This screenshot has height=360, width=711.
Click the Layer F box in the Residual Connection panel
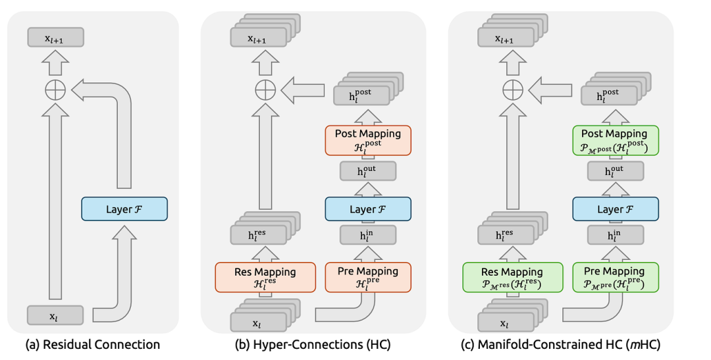click(124, 209)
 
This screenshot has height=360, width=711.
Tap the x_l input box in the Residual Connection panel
click(55, 315)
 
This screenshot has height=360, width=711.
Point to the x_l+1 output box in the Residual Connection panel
click(55, 38)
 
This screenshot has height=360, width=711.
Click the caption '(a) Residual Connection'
click(92, 344)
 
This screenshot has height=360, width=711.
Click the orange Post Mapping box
click(368, 139)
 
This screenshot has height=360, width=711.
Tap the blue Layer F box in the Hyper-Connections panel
click(368, 209)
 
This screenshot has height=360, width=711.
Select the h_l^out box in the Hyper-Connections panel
click(368, 171)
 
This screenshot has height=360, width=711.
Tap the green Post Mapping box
click(616, 139)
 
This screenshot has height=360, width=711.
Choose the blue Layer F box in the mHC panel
click(616, 209)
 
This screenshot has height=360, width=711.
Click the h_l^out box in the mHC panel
click(616, 171)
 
